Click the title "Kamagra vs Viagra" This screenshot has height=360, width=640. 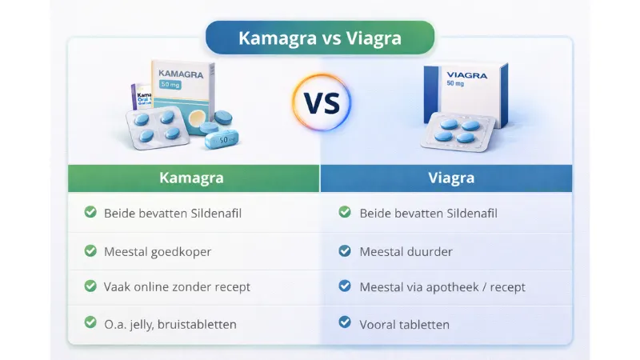320,38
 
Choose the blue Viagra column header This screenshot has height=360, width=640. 446,178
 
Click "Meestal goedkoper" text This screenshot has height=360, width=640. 158,251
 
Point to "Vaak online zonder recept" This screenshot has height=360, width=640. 177,286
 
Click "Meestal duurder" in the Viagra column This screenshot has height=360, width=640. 406,251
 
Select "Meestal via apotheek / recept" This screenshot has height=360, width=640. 442,286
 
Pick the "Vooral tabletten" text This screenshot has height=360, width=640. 404,324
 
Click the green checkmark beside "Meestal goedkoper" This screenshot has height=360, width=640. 90,251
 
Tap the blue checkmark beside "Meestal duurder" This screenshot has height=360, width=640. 345,251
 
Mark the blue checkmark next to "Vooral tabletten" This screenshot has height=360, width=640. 345,323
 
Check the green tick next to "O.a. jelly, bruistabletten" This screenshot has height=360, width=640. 90,323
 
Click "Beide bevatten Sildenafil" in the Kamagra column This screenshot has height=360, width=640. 173,213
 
